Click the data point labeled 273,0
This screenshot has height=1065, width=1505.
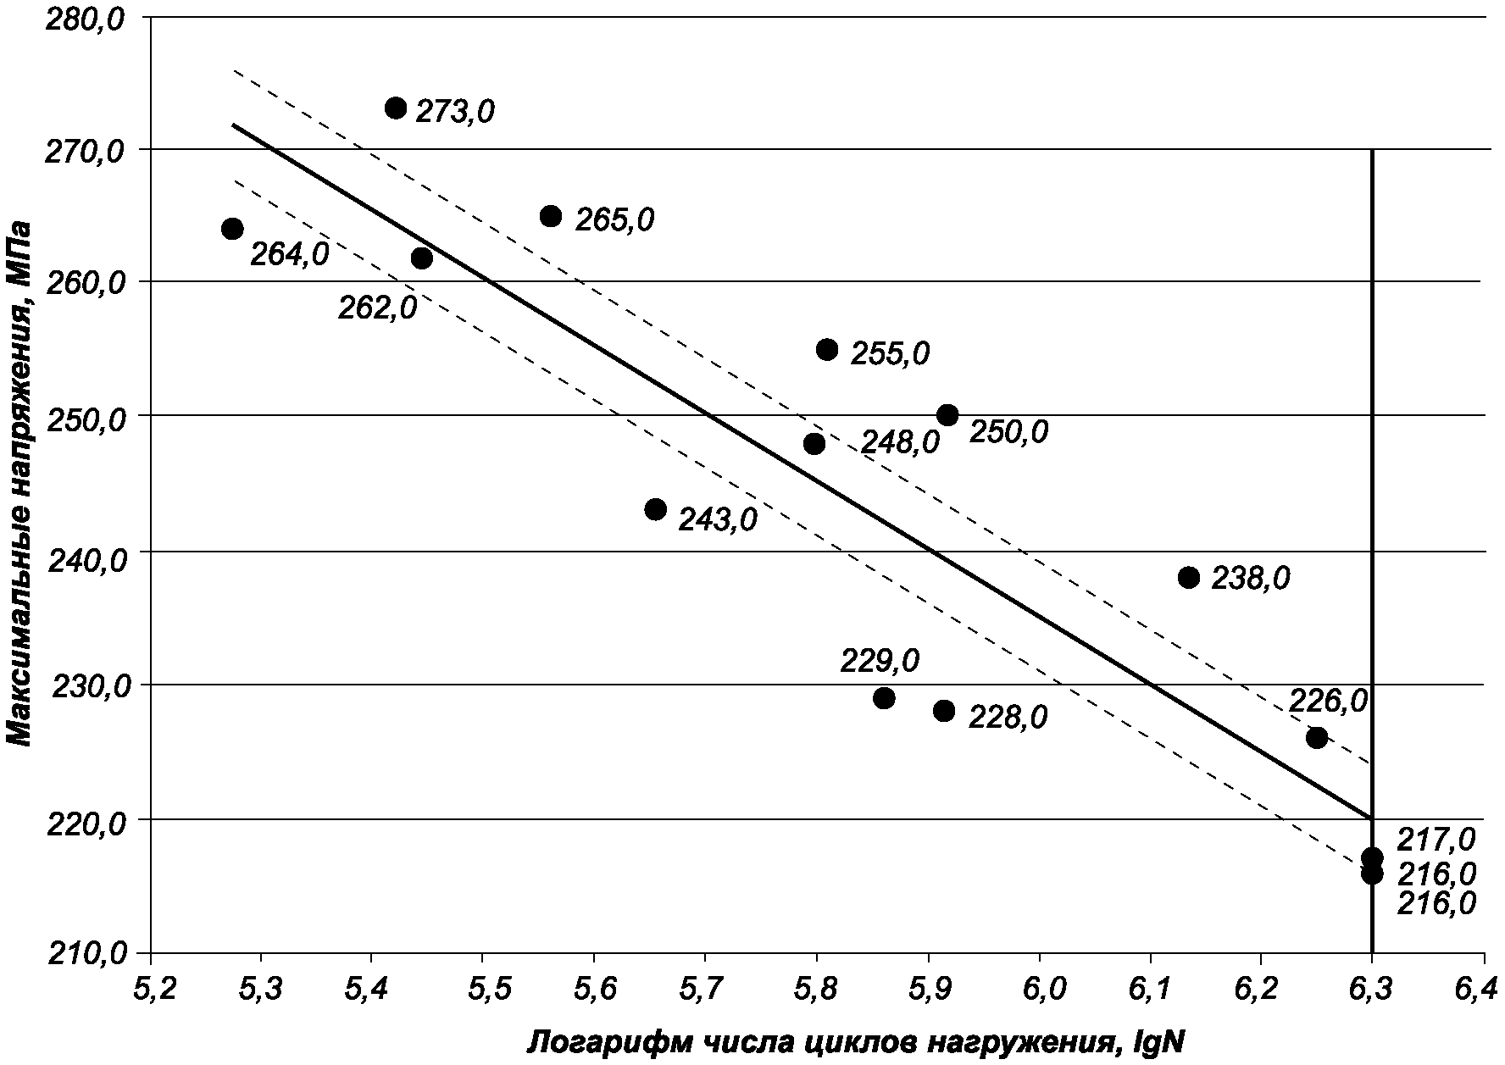[x=396, y=108]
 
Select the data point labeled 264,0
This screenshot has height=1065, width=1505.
[x=232, y=229]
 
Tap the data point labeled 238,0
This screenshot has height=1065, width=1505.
[x=1189, y=578]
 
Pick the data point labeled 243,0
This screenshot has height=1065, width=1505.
[x=655, y=509]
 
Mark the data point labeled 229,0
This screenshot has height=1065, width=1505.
[x=884, y=698]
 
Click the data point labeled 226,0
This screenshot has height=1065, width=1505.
[x=1316, y=737]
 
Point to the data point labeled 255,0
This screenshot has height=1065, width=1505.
[x=827, y=349]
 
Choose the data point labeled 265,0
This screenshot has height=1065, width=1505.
[x=551, y=216]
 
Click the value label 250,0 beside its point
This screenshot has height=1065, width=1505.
[x=1008, y=432]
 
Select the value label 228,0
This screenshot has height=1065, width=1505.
[x=1008, y=718]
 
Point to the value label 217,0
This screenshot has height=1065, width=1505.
[x=1436, y=840]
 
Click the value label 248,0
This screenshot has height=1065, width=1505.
[x=900, y=442]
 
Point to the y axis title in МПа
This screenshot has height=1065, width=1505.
[x=20, y=483]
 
